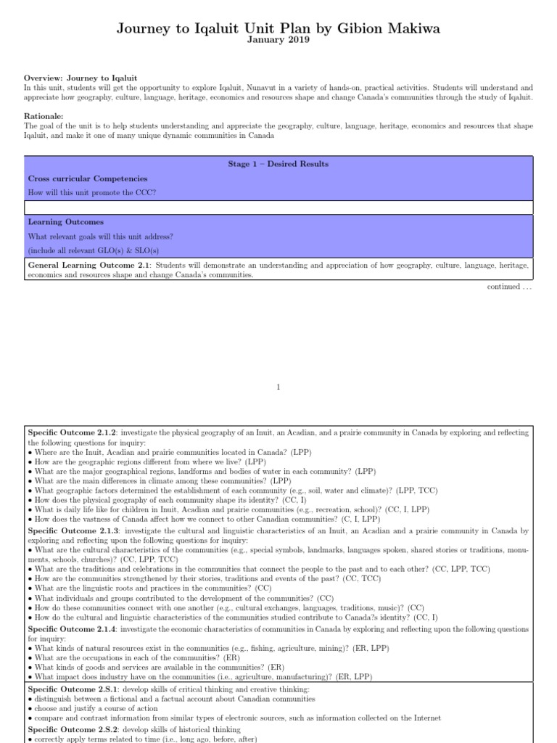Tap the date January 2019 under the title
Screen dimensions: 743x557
tap(278, 41)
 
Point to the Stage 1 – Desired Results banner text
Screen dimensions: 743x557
tap(278, 164)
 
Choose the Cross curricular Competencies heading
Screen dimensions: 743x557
tap(87, 178)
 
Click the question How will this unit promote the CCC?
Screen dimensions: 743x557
tap(91, 192)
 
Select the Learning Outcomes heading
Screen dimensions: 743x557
tap(65, 222)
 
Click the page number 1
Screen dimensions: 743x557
tap(278, 387)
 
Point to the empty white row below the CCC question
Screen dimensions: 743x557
tap(278, 208)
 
